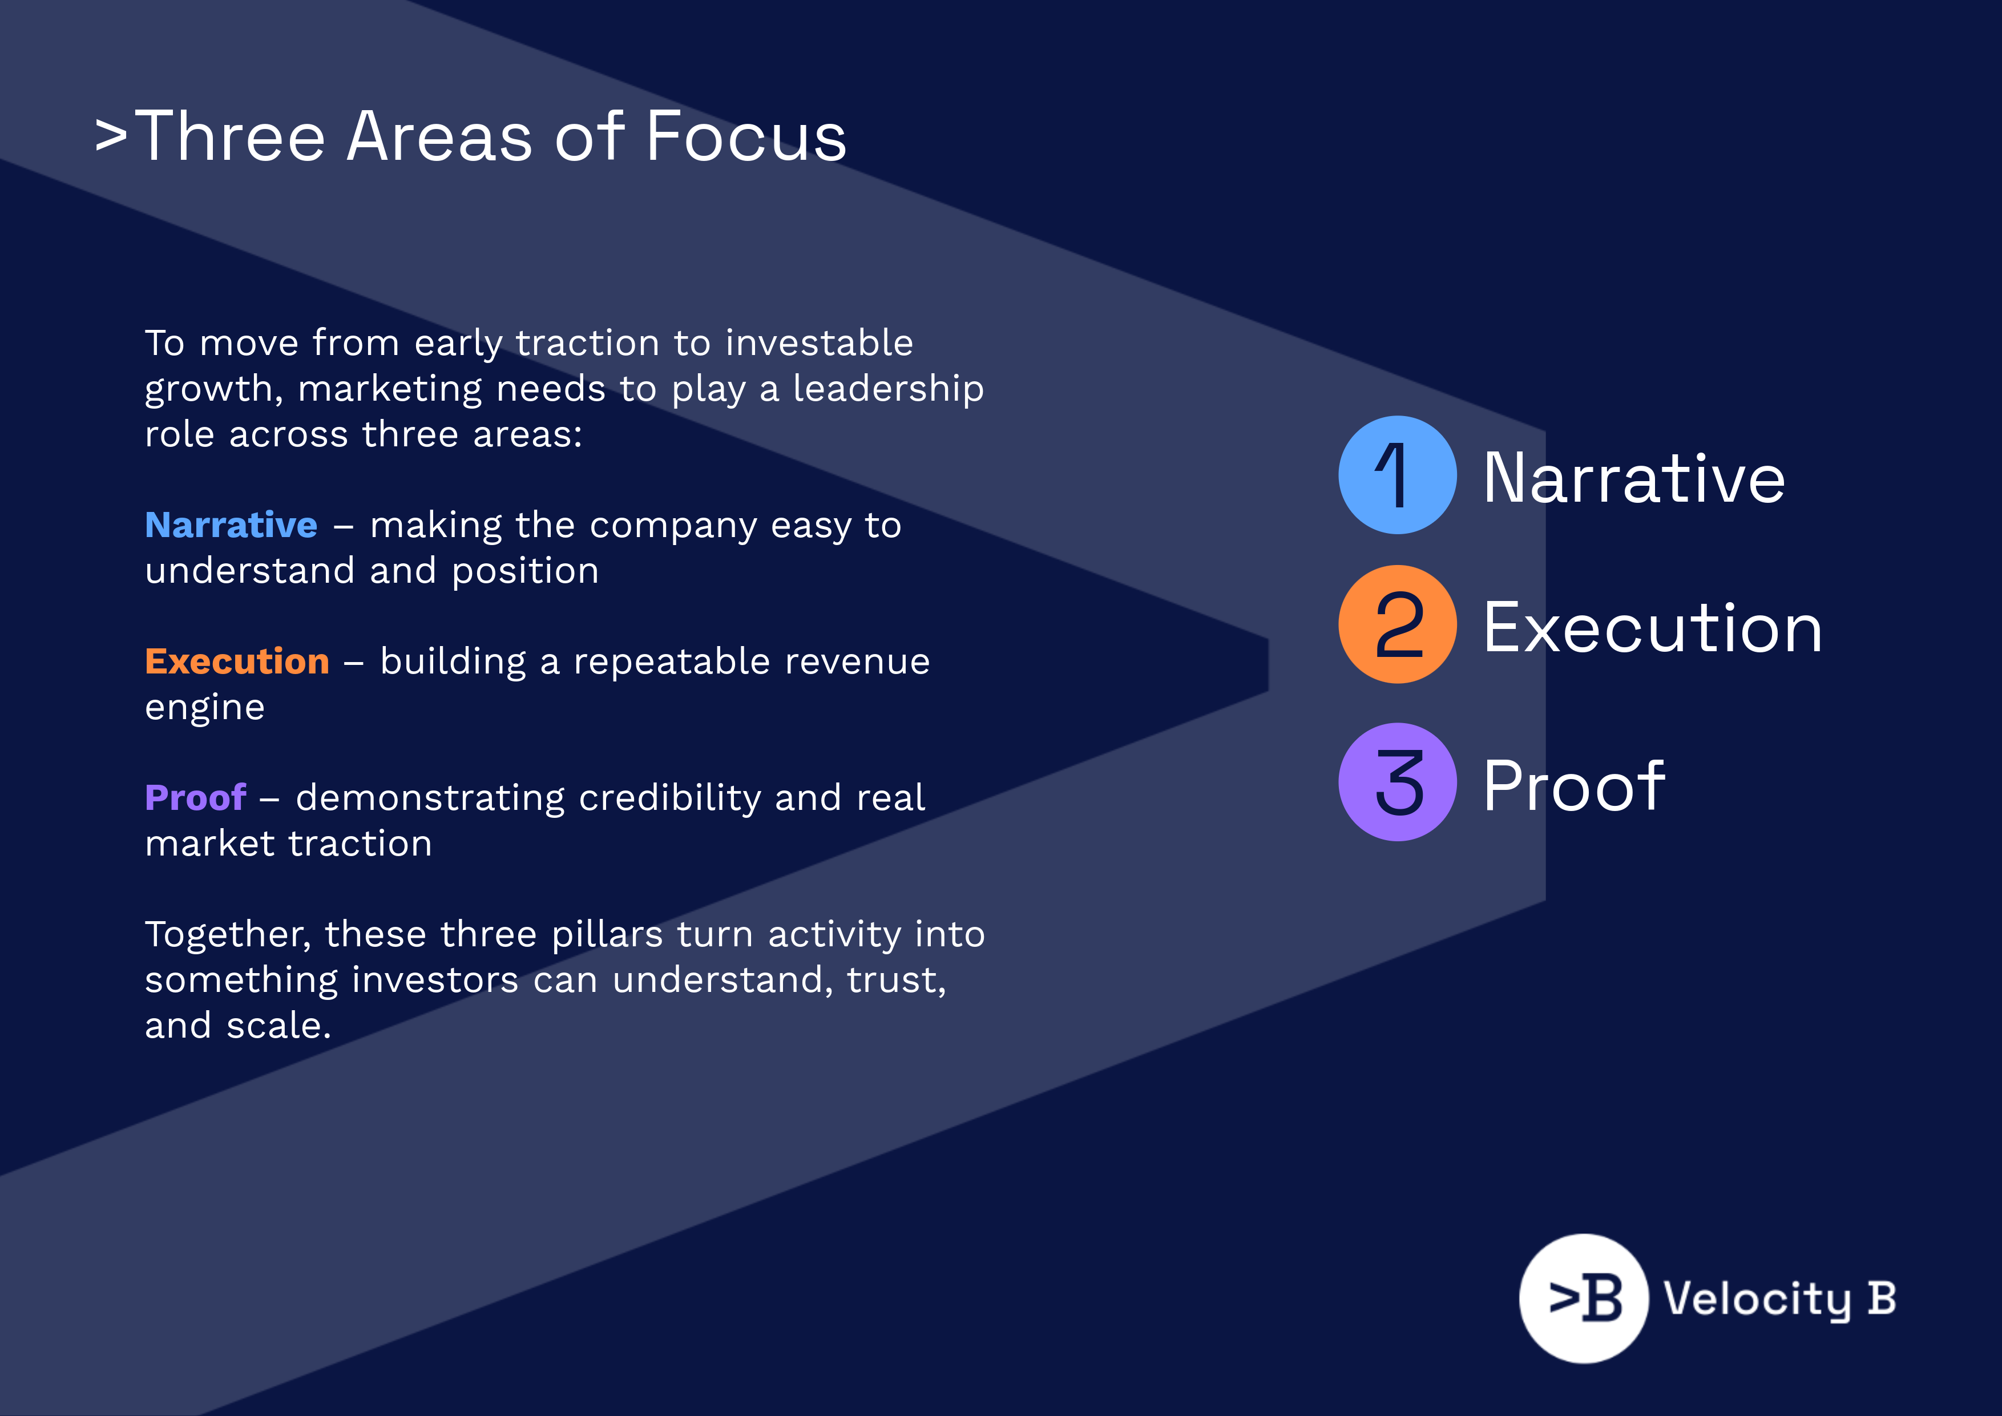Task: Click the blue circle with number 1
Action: click(x=1397, y=475)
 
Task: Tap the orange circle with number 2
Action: click(x=1397, y=624)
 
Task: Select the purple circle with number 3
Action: click(x=1397, y=782)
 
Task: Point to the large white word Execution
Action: click(x=1652, y=628)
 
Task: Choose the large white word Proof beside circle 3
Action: click(x=1574, y=785)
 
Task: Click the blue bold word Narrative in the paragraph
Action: click(x=231, y=525)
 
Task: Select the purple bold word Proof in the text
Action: click(x=195, y=798)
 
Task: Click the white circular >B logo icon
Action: click(x=1584, y=1298)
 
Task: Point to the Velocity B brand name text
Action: click(x=1779, y=1298)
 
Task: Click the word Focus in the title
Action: click(x=745, y=137)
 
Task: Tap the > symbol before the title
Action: click(x=111, y=137)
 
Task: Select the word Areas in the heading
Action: click(x=439, y=137)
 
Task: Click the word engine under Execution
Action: click(x=205, y=707)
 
